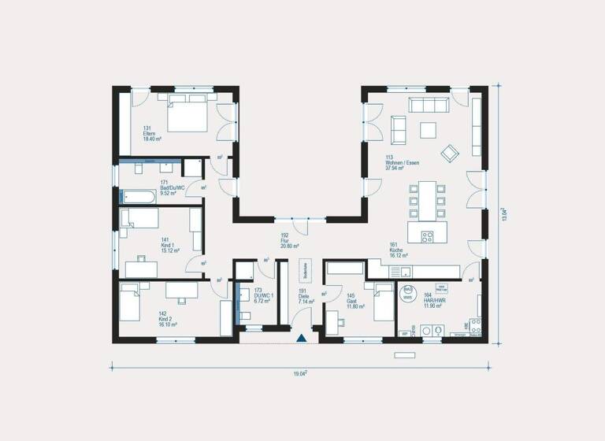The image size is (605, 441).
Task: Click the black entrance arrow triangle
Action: [x=302, y=339]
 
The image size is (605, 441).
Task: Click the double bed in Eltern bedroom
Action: [x=187, y=115]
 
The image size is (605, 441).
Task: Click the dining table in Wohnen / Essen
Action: [x=426, y=200]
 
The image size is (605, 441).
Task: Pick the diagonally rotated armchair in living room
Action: [x=451, y=152]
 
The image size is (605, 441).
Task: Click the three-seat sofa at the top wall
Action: [x=426, y=106]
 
